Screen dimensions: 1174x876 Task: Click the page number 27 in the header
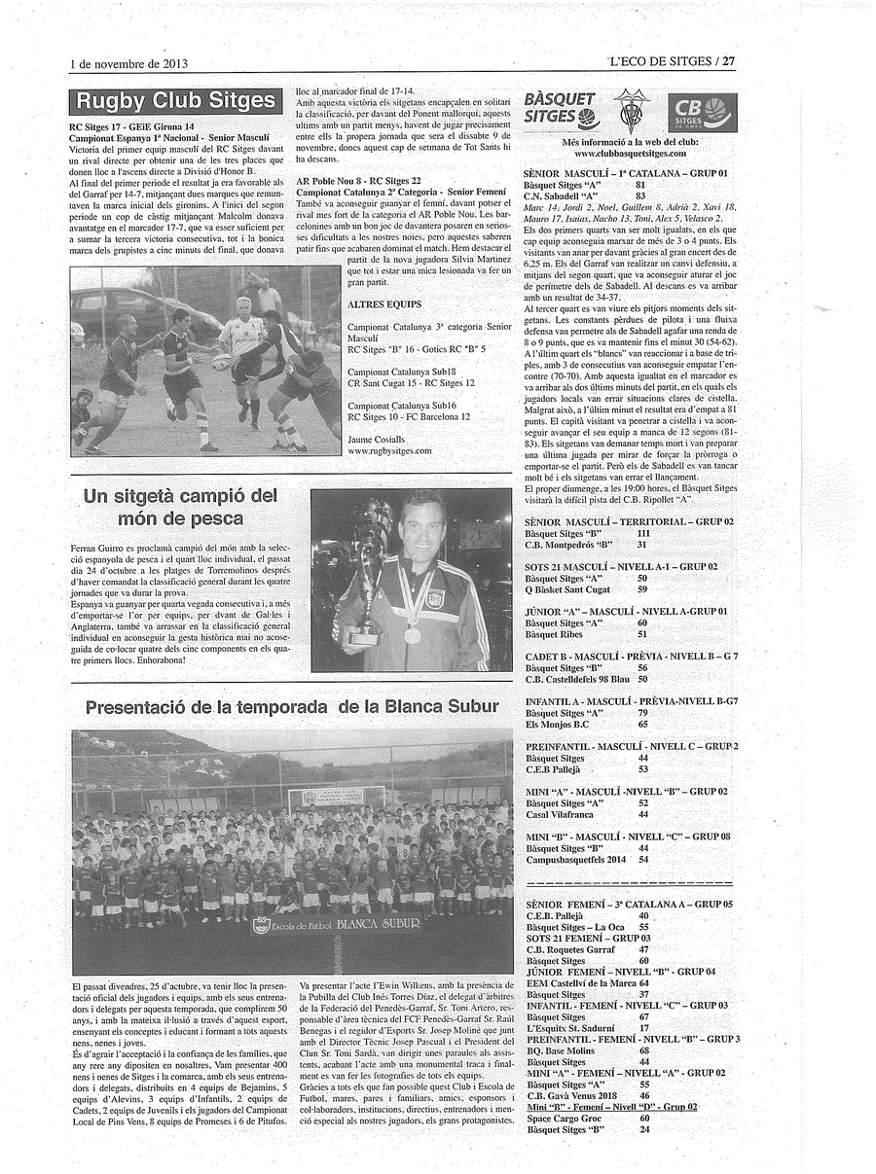[728, 60]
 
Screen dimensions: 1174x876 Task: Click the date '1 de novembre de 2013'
[128, 63]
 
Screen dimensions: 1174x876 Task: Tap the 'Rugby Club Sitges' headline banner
[175, 101]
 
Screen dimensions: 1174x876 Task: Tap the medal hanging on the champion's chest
[413, 634]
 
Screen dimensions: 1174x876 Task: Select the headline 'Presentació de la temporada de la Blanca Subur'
[292, 707]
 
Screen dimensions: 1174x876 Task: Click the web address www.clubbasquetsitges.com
[630, 154]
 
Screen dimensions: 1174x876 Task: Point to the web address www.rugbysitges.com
[389, 451]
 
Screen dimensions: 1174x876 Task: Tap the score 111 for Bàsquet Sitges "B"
[643, 534]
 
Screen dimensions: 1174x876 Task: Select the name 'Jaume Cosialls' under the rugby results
[376, 440]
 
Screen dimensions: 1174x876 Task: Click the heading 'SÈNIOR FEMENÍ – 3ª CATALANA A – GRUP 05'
[628, 905]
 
